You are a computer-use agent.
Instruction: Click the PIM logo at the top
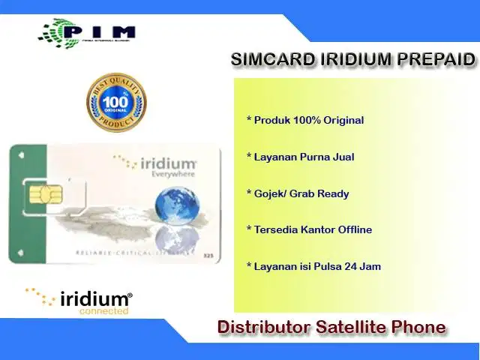pos(88,31)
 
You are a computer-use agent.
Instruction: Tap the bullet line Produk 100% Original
pos(305,120)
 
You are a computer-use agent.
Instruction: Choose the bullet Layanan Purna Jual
pos(300,157)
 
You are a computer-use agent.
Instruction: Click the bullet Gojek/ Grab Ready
pos(298,193)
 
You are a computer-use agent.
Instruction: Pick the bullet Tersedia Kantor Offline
pos(309,229)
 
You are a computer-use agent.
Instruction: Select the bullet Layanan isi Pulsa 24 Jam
pos(313,266)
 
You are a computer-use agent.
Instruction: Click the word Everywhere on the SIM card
pos(172,174)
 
